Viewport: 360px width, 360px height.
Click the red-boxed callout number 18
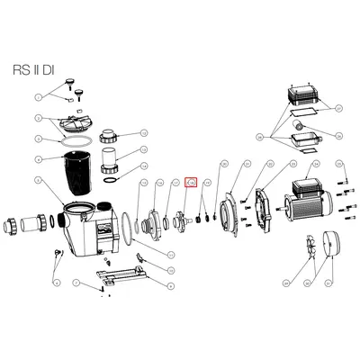(191, 183)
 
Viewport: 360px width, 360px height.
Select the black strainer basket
(64, 175)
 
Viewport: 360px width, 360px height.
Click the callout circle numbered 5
(38, 160)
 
